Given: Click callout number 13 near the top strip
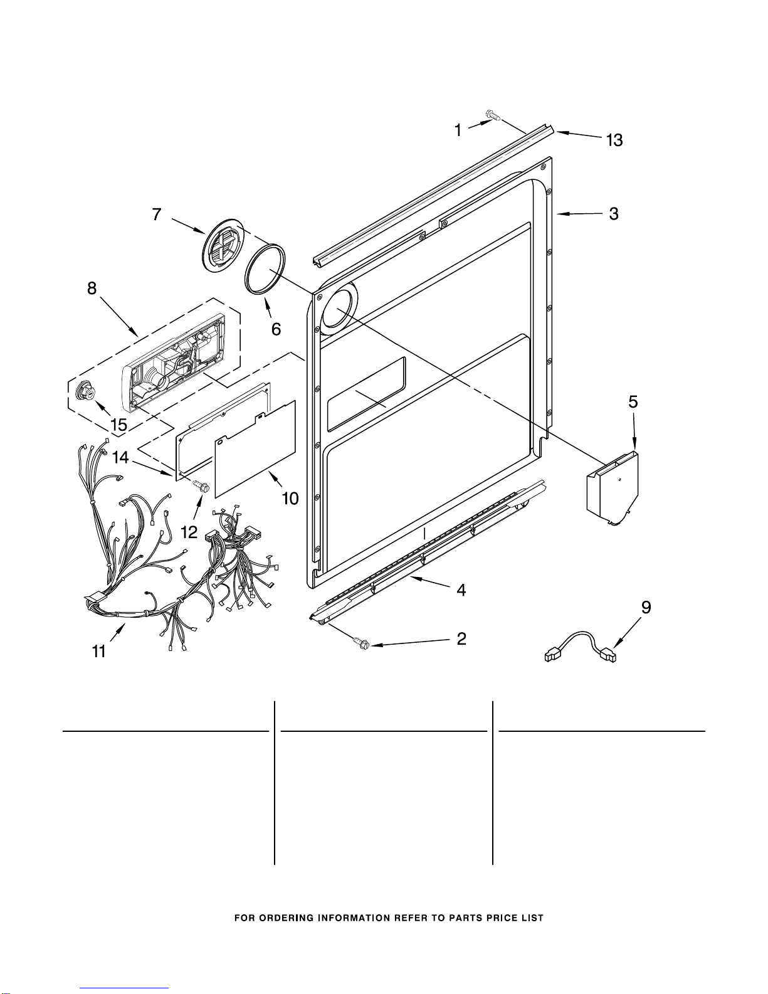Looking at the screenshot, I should pos(614,140).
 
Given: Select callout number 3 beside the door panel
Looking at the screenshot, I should pos(614,214).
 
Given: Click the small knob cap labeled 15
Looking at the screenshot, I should pos(81,391).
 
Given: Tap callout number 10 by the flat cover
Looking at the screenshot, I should pos(290,499).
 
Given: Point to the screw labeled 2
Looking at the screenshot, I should pos(362,643).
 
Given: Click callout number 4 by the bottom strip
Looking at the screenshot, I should pos(461,590).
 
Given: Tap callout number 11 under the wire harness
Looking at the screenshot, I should pos(98,652).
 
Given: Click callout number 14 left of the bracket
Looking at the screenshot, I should pos(120,458).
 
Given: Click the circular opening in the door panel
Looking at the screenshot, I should pos(338,309).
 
